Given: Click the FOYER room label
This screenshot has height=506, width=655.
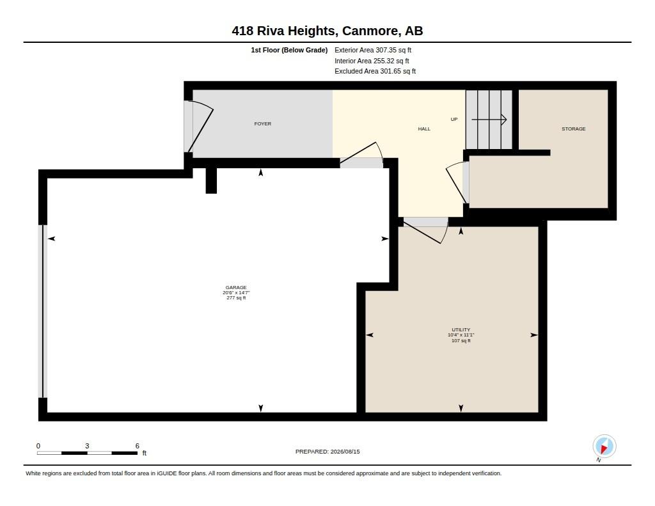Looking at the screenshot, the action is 262,123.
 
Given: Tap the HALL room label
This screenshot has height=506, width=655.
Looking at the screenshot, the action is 424,129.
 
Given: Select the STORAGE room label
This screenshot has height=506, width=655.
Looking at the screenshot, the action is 573,129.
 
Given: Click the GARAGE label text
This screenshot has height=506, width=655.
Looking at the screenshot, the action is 236,287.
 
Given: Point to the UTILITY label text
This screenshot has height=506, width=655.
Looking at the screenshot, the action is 461,329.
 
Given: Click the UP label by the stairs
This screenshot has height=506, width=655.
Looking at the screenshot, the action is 454,119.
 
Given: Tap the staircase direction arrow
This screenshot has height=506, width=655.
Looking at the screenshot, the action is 489,120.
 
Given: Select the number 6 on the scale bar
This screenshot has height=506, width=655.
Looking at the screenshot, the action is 137,446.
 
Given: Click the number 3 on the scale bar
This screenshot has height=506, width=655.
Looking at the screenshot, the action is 87,446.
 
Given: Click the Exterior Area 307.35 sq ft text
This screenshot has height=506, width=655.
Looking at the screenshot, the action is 373,50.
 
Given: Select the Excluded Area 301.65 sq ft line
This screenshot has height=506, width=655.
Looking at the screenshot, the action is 375,71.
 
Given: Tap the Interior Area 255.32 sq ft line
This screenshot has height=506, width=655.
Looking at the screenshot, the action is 372,61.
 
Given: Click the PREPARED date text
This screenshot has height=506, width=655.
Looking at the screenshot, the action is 327,451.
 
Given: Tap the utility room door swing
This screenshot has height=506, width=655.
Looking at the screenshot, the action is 423,232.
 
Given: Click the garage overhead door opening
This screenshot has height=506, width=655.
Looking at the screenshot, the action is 42,312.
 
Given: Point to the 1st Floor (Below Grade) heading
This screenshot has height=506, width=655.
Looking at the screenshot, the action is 289,50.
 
